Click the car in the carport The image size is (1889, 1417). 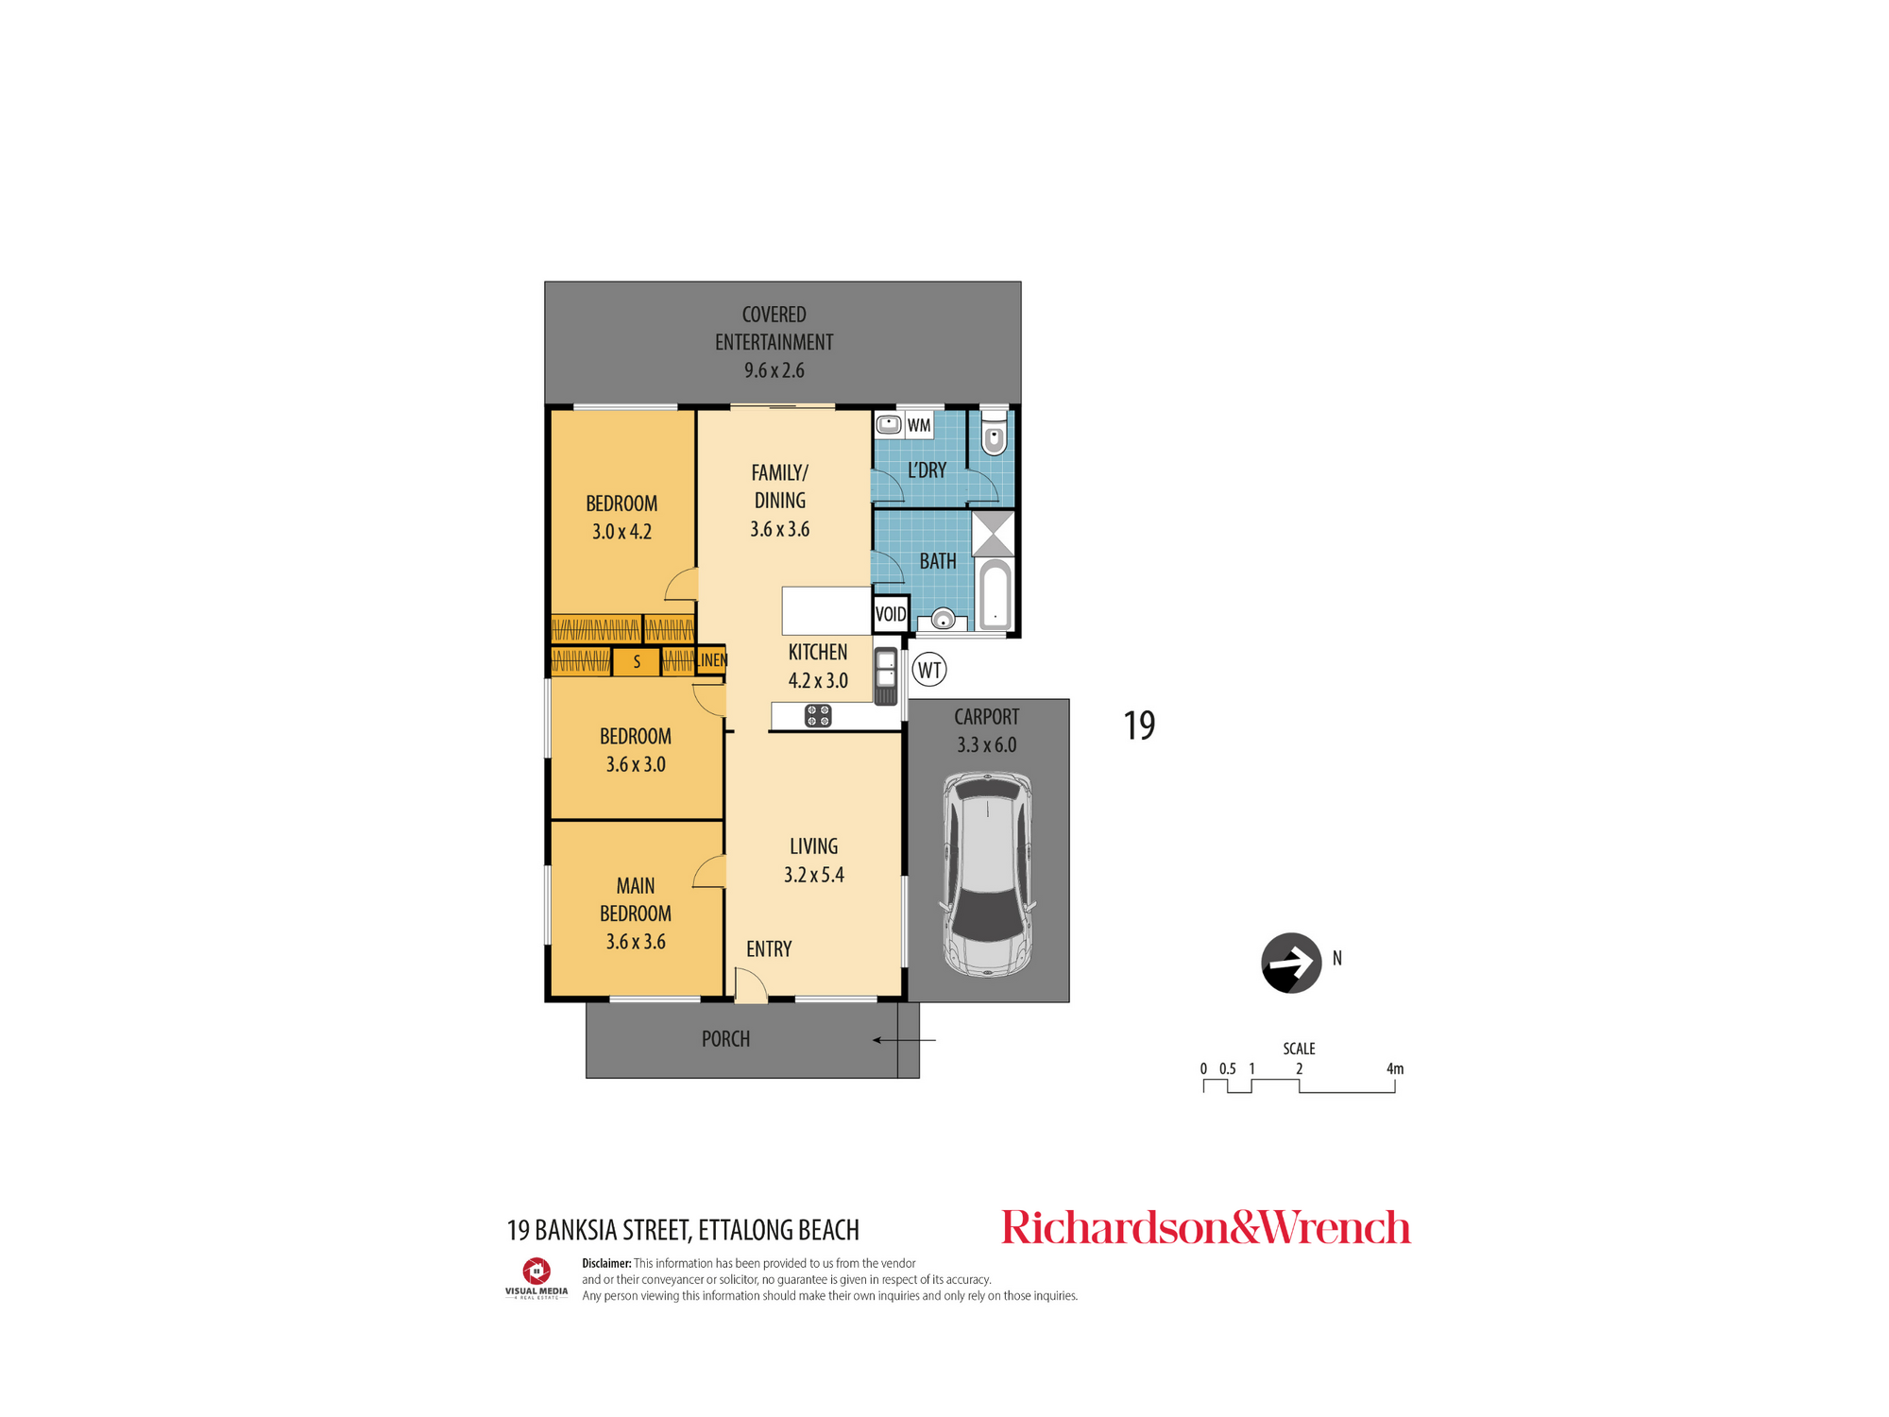pos(987,875)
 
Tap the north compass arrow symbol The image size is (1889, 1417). pos(1291,963)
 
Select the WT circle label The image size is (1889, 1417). pos(929,670)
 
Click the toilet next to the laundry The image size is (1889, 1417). pos(994,432)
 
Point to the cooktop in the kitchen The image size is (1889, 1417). pos(818,716)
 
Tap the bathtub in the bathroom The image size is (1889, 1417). pos(995,594)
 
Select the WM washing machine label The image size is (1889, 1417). pos(919,425)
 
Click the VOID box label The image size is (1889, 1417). pos(891,615)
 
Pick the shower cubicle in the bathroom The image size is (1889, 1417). pos(993,534)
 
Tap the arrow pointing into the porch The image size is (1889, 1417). pos(904,1040)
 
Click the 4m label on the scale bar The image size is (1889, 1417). pos(1395,1069)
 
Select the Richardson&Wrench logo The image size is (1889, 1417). pos(1206,1227)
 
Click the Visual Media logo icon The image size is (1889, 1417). pos(536,1272)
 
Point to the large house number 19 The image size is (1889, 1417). pos(1139,726)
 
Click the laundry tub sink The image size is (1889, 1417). pos(888,424)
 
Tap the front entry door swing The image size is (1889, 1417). pos(750,984)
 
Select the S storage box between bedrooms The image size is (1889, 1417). pos(637,662)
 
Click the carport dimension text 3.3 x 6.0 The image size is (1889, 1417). pos(987,744)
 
